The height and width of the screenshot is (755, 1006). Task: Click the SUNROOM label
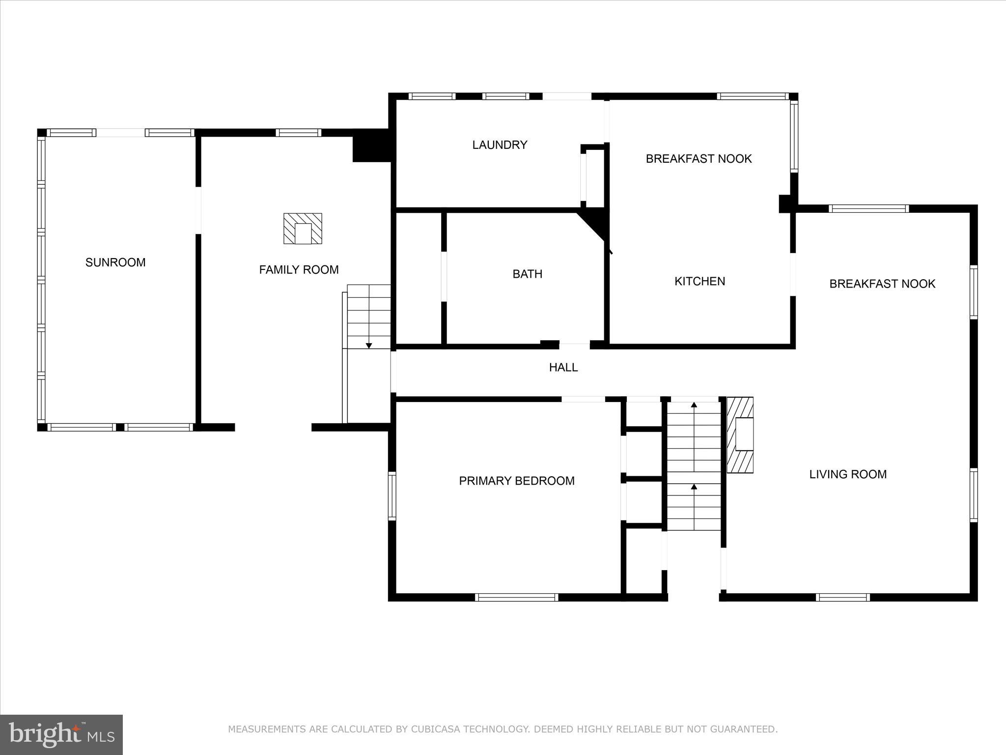115,262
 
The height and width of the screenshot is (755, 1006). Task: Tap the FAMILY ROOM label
299,270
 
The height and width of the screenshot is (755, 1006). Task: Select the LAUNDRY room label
500,145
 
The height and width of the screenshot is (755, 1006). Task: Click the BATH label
527,274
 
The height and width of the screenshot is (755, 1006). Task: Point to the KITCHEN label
699,281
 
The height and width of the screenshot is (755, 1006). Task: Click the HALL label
563,368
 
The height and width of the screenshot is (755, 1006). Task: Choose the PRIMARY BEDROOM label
516,481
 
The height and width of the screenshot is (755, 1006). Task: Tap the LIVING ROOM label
847,474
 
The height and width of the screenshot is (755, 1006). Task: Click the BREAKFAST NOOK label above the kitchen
698,159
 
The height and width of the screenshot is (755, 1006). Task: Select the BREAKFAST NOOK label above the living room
882,284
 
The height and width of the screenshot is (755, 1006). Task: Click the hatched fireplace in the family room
303,229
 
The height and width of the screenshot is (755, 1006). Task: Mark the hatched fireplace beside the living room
740,435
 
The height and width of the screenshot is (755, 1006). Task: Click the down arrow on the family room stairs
369,346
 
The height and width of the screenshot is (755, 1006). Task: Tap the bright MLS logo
61,734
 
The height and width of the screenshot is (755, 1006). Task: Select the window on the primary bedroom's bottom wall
516,597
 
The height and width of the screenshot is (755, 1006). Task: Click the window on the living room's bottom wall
842,597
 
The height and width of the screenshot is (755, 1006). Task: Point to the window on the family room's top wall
298,133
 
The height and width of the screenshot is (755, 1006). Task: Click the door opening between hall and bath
574,344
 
